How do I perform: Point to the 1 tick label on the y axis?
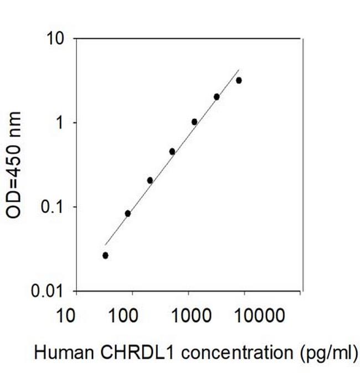tap(61, 123)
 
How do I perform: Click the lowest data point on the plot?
tap(105, 255)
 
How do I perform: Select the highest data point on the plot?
tap(239, 80)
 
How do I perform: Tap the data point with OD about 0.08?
tap(127, 213)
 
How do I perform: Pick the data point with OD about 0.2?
tap(150, 180)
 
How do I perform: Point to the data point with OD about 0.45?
tap(172, 151)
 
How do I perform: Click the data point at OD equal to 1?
tap(194, 122)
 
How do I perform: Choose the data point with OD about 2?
tap(217, 97)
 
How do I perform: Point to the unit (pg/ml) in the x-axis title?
tap(326, 353)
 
